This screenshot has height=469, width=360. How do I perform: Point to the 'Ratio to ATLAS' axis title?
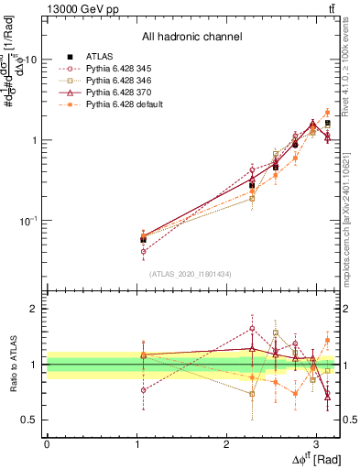point(12,365)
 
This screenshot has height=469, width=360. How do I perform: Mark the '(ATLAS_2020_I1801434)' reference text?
point(191,273)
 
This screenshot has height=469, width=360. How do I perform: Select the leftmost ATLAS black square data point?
point(143,239)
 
